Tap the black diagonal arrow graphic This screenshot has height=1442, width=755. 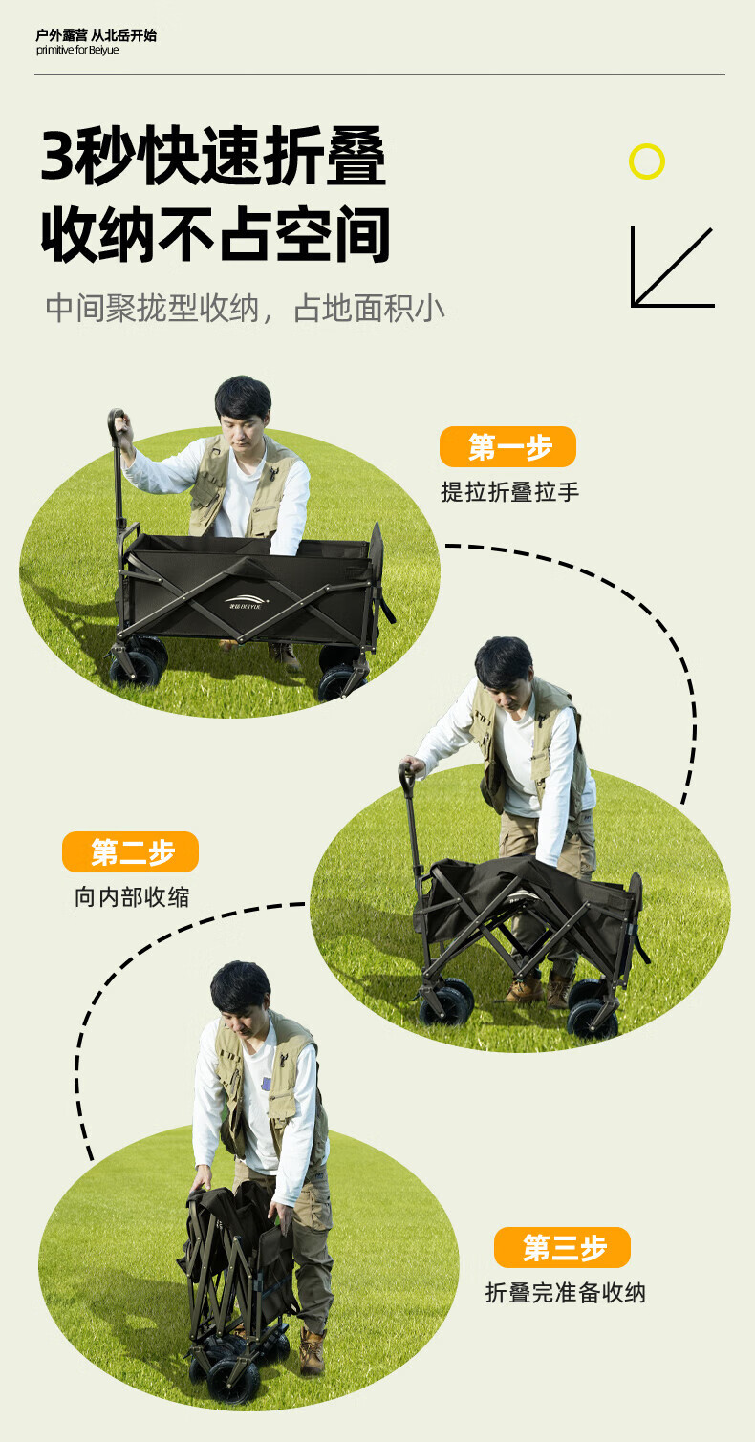[672, 268]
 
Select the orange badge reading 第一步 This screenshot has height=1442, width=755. [507, 447]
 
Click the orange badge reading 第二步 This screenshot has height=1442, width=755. [131, 851]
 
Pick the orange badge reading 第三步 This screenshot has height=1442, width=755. [562, 1248]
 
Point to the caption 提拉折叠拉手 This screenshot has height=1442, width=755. [509, 492]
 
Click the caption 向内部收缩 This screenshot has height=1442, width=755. [132, 896]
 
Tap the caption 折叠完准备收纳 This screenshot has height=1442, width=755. [565, 1293]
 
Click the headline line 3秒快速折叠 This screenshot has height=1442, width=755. [213, 157]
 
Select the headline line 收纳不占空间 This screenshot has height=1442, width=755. [216, 234]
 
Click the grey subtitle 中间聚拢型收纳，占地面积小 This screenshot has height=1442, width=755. [246, 309]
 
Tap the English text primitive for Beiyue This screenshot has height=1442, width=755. [77, 51]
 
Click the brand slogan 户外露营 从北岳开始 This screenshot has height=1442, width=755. [96, 34]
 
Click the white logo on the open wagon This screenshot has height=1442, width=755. [247, 601]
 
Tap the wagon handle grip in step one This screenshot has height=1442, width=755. [116, 425]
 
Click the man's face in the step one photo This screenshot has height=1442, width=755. [243, 428]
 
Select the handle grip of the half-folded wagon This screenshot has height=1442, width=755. [407, 778]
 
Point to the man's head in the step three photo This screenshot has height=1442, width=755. [241, 998]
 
